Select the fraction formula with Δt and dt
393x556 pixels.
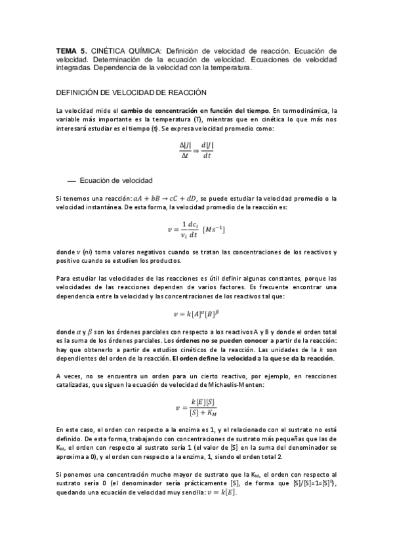[196, 151]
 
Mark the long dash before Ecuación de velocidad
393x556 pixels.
[72, 180]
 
